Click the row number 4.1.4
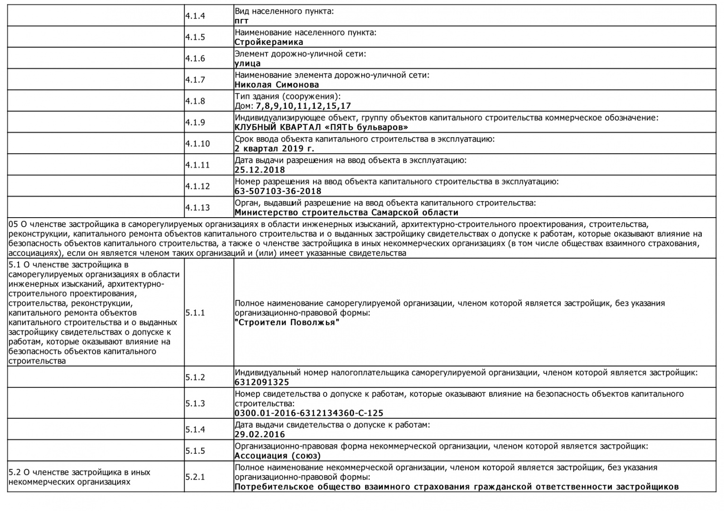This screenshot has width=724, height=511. pyautogui.click(x=195, y=16)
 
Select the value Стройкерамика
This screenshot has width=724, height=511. pyautogui.click(x=268, y=42)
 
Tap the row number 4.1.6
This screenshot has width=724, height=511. pyautogui.click(x=195, y=59)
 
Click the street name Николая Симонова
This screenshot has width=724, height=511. pyautogui.click(x=277, y=85)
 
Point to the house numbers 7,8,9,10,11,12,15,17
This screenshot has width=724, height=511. pyautogui.click(x=303, y=106)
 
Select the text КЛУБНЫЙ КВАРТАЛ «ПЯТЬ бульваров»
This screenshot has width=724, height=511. pyautogui.click(x=322, y=127)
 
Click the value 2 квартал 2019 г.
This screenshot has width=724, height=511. pyautogui.click(x=274, y=149)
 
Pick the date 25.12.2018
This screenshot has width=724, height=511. pyautogui.click(x=259, y=170)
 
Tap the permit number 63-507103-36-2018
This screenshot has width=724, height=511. pyautogui.click(x=277, y=191)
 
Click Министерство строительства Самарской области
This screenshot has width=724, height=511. pyautogui.click(x=346, y=212)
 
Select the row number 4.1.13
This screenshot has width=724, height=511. pyautogui.click(x=197, y=208)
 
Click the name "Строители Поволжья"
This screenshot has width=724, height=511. pyautogui.click(x=287, y=323)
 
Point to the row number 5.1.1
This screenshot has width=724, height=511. pyautogui.click(x=195, y=313)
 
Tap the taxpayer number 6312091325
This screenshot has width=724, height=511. pyautogui.click(x=261, y=382)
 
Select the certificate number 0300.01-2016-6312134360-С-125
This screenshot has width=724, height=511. pyautogui.click(x=309, y=413)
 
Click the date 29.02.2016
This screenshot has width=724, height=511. pyautogui.click(x=259, y=434)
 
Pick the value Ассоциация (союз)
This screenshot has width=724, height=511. pyautogui.click(x=277, y=456)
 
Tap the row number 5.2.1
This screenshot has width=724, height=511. pyautogui.click(x=195, y=477)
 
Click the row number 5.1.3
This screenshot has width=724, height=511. pyautogui.click(x=195, y=404)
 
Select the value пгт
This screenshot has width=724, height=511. pyautogui.click(x=241, y=21)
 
